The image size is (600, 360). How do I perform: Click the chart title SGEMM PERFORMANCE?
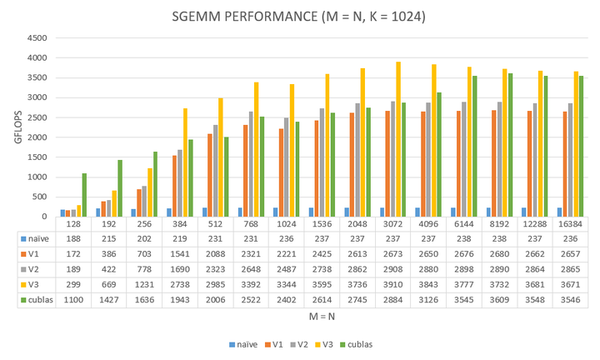(301, 16)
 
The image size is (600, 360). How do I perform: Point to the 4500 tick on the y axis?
(37, 38)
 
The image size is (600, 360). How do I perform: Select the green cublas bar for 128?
(84, 195)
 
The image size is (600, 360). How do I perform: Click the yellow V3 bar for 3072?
(397, 139)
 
